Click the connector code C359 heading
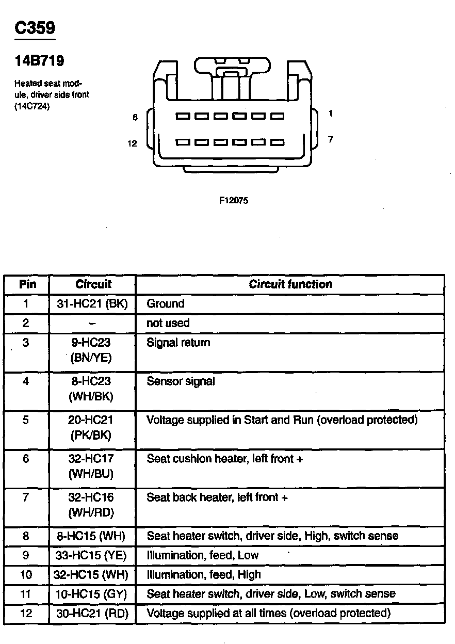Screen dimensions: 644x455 pyautogui.click(x=35, y=28)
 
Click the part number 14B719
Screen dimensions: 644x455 pyautogui.click(x=39, y=61)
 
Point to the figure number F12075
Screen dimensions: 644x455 pyautogui.click(x=234, y=201)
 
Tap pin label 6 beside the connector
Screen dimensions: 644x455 pyautogui.click(x=135, y=118)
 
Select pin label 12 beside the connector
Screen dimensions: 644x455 pyautogui.click(x=133, y=143)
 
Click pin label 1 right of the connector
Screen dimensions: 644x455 pyautogui.click(x=330, y=114)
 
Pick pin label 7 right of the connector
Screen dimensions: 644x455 pyautogui.click(x=330, y=139)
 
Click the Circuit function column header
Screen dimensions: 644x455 pyautogui.click(x=290, y=284)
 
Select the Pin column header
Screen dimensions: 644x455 pyautogui.click(x=26, y=284)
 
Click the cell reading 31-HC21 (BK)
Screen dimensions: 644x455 pyautogui.click(x=92, y=303)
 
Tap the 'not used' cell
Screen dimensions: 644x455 pyautogui.click(x=168, y=323)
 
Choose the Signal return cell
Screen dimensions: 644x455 pyautogui.click(x=178, y=343)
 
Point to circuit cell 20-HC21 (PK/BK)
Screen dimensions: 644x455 pyautogui.click(x=91, y=427)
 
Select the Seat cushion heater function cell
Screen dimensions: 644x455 pyautogui.click(x=225, y=459)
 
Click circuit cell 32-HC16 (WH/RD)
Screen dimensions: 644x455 pyautogui.click(x=91, y=505)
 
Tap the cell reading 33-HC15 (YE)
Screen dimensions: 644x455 pyautogui.click(x=91, y=555)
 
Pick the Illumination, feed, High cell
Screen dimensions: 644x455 pyautogui.click(x=204, y=574)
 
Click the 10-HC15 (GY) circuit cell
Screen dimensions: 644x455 pyautogui.click(x=91, y=594)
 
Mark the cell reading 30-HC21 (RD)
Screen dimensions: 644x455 pyautogui.click(x=91, y=614)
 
